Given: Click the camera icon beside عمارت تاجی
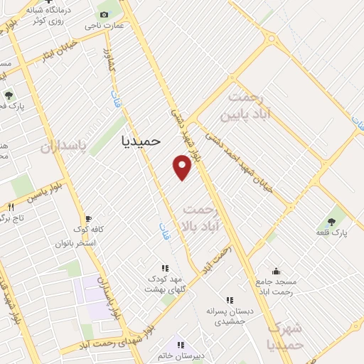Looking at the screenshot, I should point(105,15).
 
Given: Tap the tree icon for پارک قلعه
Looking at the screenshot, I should point(331,221).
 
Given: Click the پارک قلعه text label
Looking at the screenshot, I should point(331,232).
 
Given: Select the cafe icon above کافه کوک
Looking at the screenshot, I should point(88,219).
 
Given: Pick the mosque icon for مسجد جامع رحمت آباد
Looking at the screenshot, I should point(276,272).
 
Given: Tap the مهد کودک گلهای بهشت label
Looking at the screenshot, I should point(165,284).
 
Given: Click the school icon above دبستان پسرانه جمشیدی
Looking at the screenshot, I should point(229,301).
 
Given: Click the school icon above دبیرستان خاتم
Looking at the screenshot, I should point(181,345).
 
